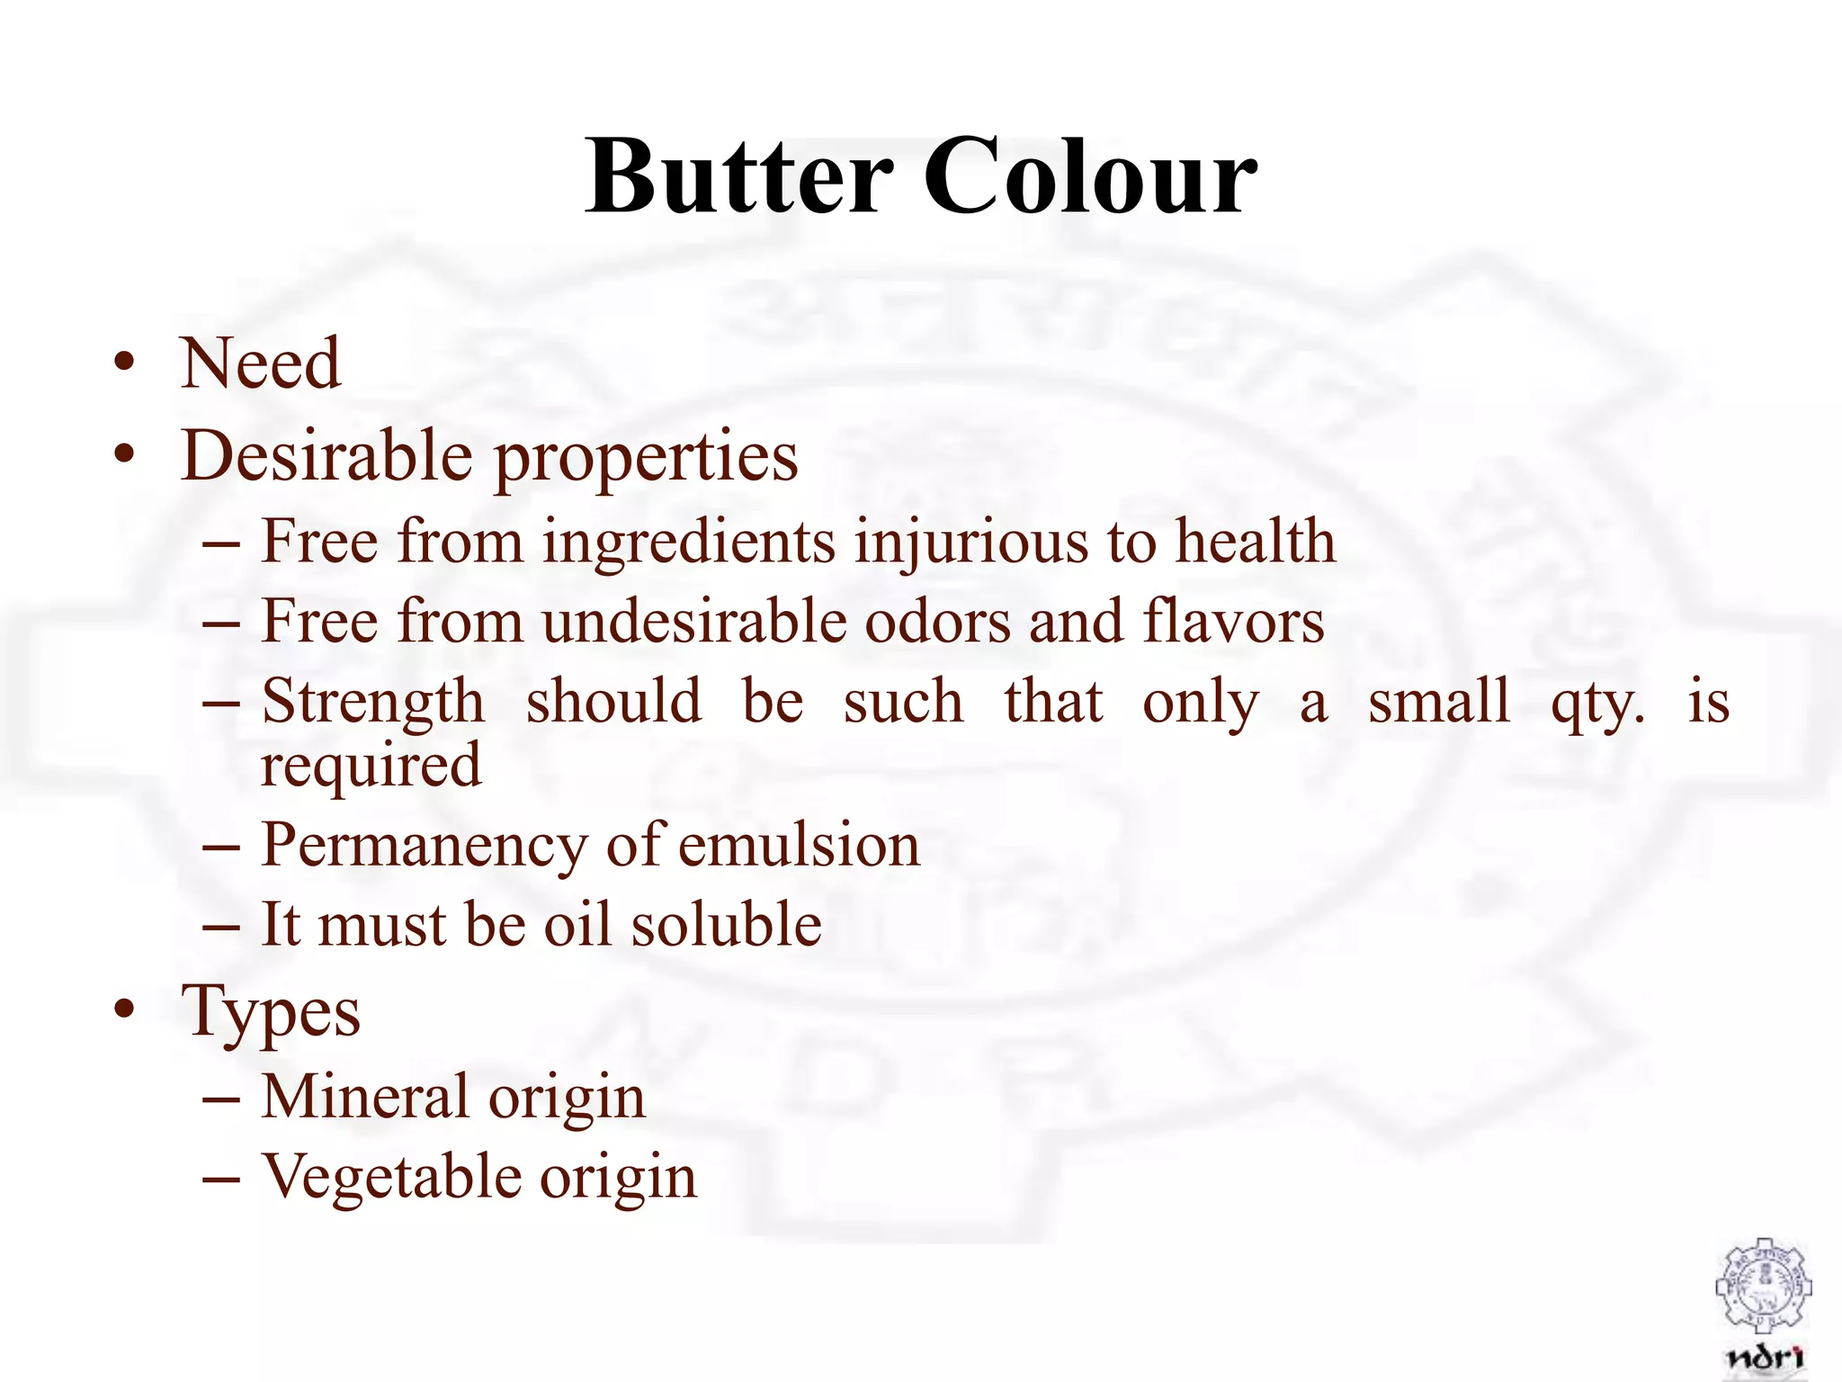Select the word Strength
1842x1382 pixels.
(x=372, y=703)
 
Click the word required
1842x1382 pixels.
(x=371, y=767)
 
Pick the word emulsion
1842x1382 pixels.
(x=799, y=846)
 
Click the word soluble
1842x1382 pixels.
(x=726, y=924)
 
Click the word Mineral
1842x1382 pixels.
(x=364, y=1096)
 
